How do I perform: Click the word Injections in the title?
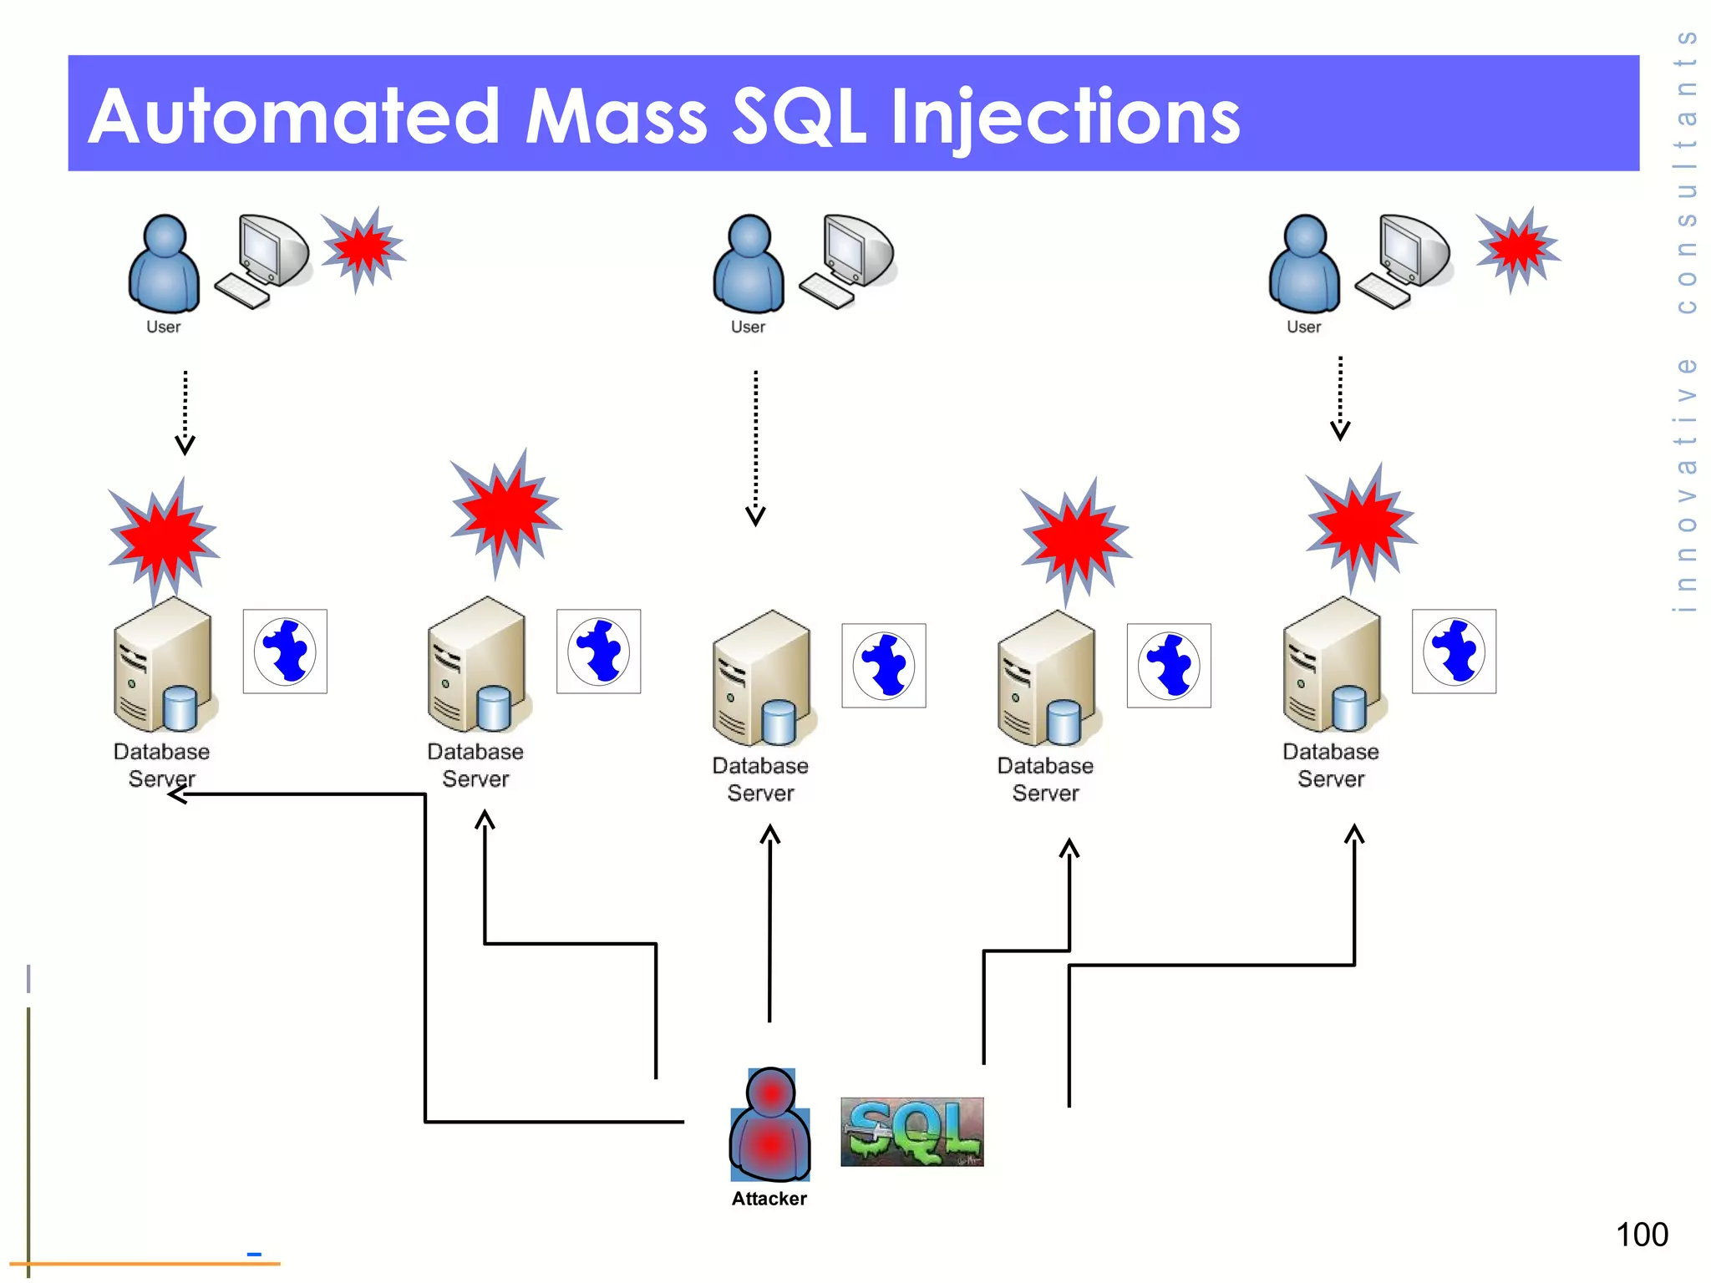pyautogui.click(x=1065, y=119)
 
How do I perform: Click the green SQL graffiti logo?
pyautogui.click(x=911, y=1132)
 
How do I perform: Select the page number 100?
pyautogui.click(x=1641, y=1235)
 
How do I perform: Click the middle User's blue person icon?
pyautogui.click(x=749, y=263)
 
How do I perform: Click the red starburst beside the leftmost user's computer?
pyautogui.click(x=362, y=248)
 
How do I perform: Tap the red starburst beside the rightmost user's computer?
pyautogui.click(x=1516, y=248)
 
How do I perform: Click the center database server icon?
pyautogui.click(x=763, y=680)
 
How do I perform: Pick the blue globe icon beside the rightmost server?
pyautogui.click(x=1454, y=652)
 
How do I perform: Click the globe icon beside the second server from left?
pyautogui.click(x=598, y=652)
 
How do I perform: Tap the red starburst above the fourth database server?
pyautogui.click(x=1076, y=539)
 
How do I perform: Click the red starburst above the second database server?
pyautogui.click(x=505, y=511)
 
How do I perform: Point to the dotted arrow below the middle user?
pyautogui.click(x=755, y=447)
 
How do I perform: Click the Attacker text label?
pyautogui.click(x=769, y=1199)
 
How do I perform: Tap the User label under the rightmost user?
pyautogui.click(x=1303, y=327)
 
